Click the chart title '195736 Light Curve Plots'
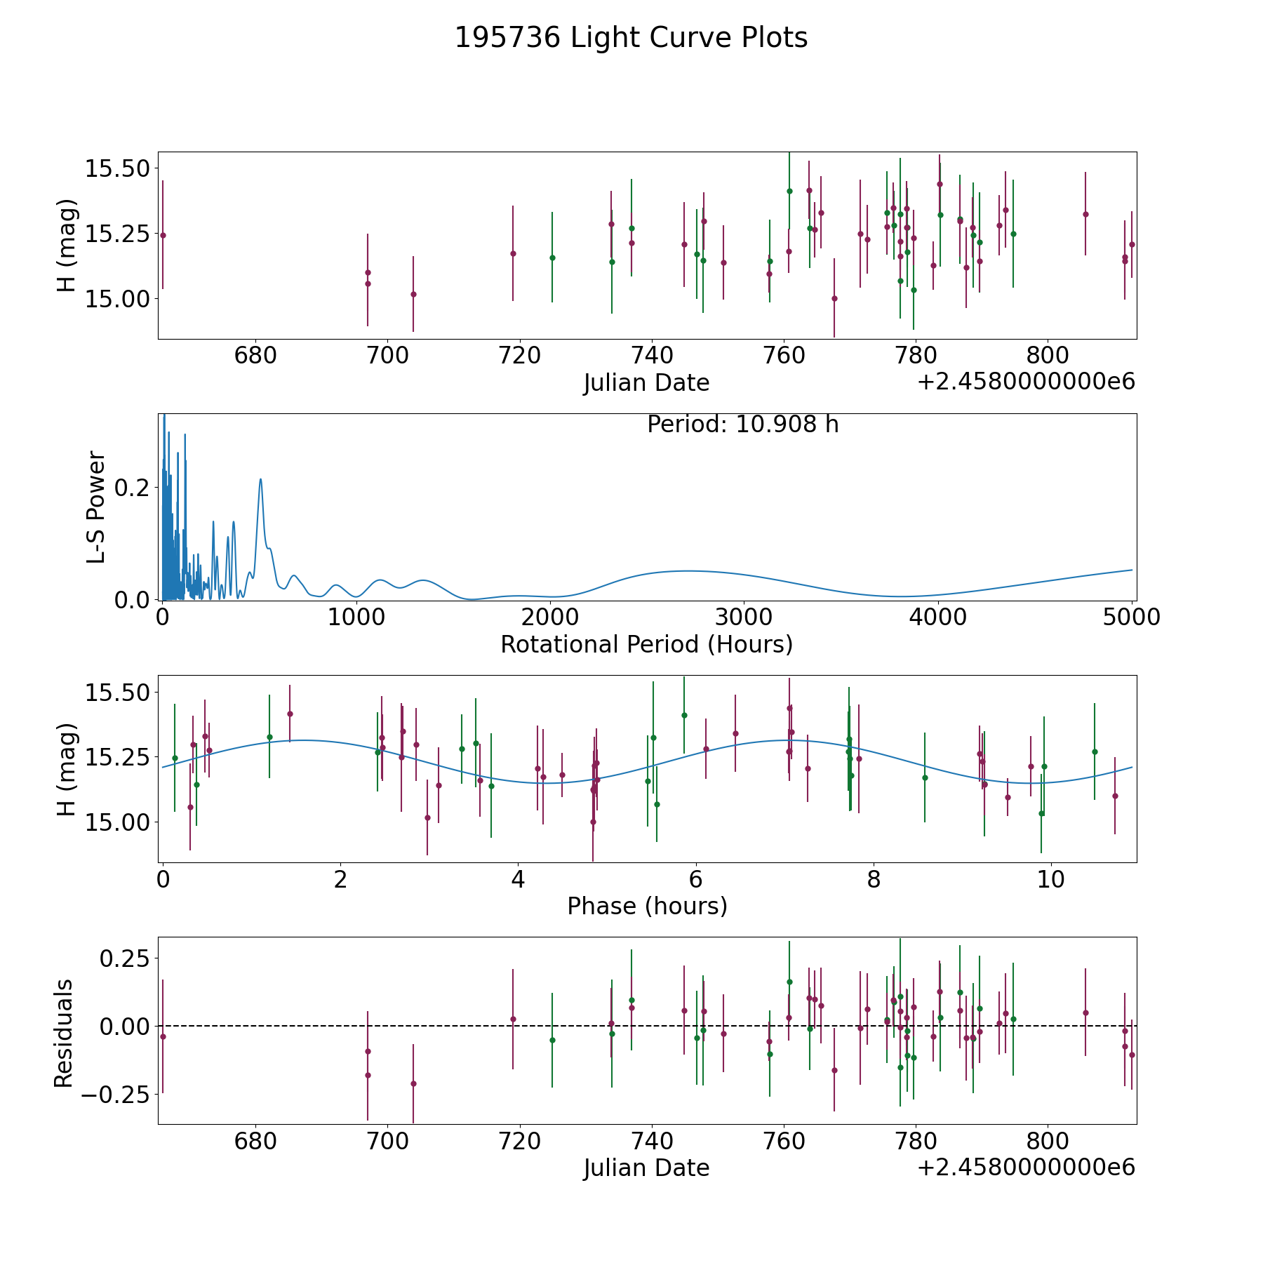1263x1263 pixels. [631, 38]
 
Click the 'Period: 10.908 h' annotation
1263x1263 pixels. [742, 425]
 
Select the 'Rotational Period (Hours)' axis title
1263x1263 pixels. [646, 644]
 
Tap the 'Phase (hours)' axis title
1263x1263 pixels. [647, 906]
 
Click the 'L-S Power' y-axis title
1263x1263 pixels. [96, 507]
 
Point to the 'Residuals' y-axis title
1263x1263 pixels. [64, 1033]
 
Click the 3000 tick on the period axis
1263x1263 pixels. [743, 617]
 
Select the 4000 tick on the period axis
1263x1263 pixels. [937, 617]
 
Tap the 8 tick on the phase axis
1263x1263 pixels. [873, 879]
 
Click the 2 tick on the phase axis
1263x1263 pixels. [340, 879]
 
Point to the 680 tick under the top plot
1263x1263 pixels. [255, 355]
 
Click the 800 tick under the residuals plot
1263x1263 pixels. [1047, 1140]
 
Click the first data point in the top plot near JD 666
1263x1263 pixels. [163, 235]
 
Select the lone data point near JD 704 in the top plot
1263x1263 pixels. [413, 294]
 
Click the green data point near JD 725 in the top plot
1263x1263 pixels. [552, 258]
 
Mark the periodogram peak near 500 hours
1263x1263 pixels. [260, 479]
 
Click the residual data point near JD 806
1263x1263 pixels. [1085, 1013]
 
